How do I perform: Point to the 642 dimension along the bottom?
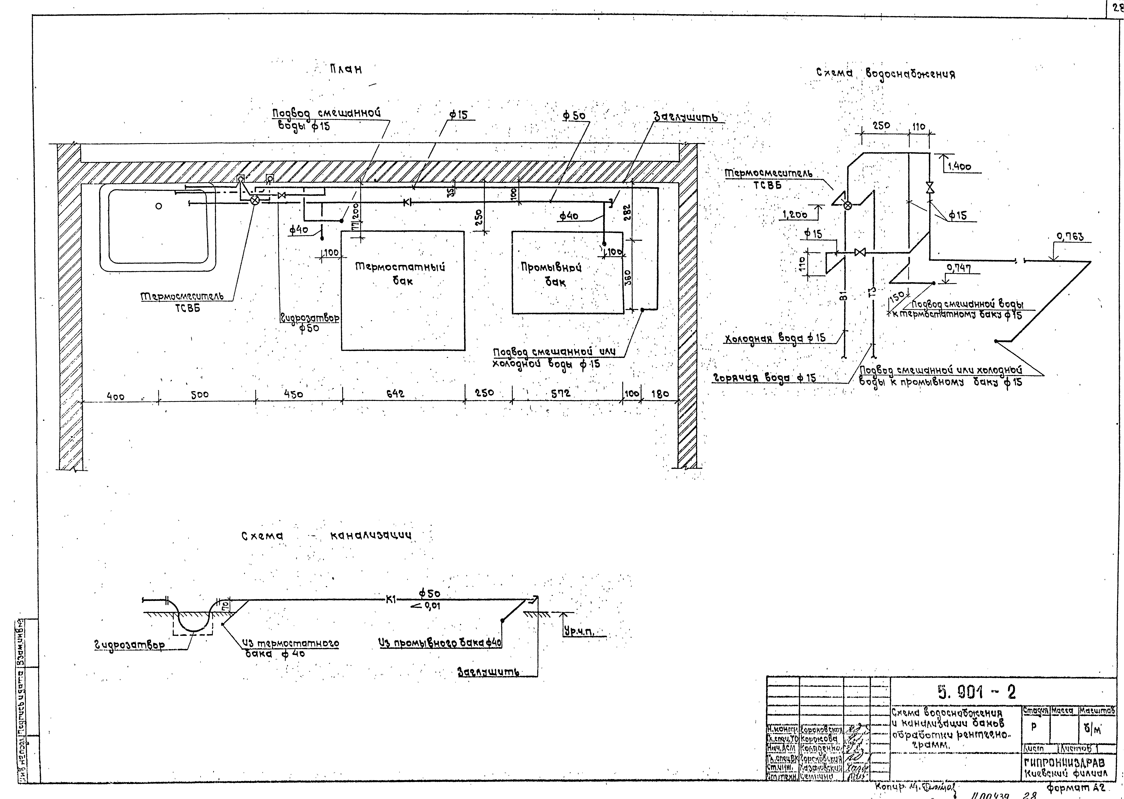(395, 394)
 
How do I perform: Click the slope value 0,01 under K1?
(432, 606)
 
